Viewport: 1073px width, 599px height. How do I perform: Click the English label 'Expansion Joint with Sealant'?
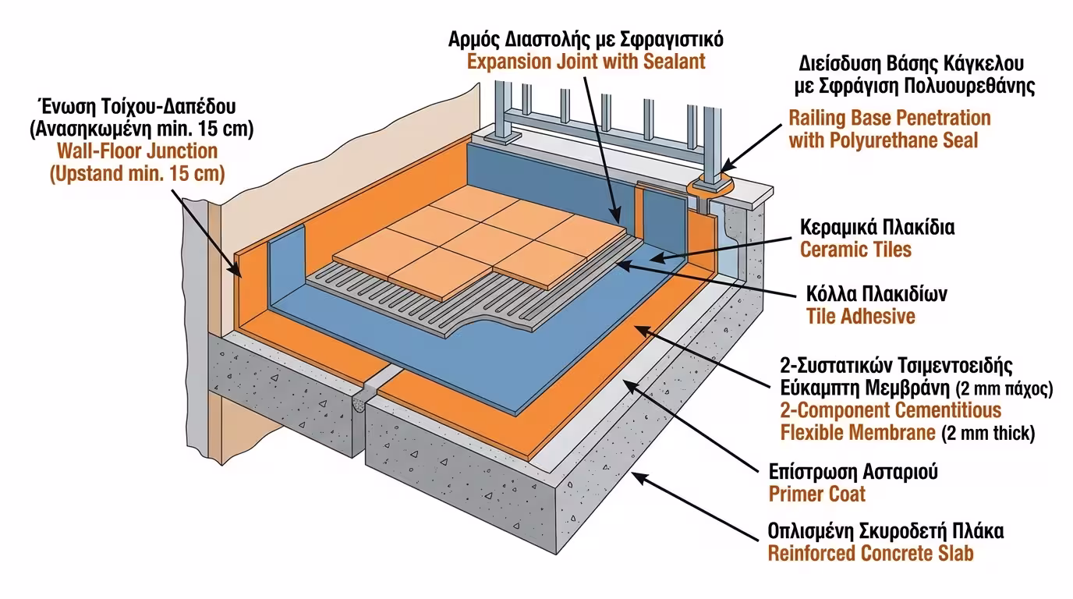586,62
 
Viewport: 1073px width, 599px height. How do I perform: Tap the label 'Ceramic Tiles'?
855,250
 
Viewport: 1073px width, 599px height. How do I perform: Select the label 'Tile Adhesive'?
860,316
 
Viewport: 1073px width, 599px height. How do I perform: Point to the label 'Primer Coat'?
816,494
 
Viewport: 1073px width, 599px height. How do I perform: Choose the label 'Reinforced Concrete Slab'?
870,554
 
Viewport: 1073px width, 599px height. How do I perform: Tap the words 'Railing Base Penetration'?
890,119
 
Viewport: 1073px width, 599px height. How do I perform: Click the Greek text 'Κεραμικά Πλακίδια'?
877,228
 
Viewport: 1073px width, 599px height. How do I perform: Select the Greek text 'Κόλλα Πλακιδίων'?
876,295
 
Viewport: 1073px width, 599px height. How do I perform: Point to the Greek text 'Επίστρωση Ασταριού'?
853,472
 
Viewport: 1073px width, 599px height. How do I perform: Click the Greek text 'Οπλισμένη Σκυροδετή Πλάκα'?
885,532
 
